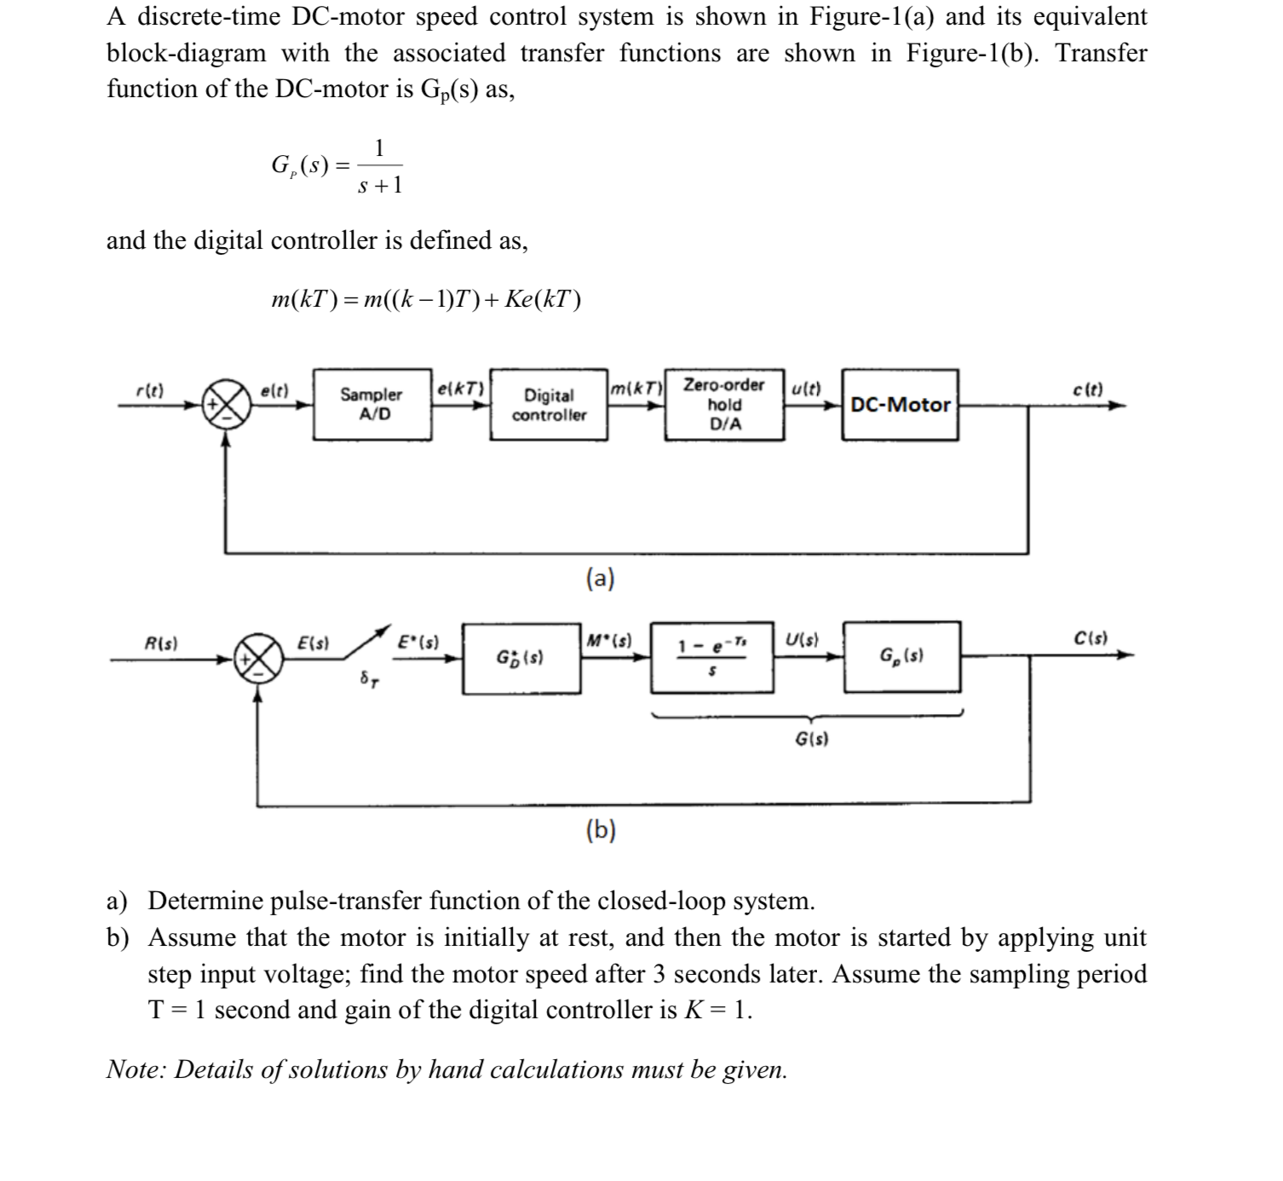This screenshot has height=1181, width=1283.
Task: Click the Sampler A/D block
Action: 371,405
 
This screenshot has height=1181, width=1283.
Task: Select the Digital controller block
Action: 549,405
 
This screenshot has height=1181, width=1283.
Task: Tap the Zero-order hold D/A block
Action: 724,405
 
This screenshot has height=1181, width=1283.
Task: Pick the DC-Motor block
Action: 900,405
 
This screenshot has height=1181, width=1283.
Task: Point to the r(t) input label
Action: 151,391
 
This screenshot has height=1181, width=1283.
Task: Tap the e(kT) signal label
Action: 460,389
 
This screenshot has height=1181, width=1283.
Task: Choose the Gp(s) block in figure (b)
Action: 901,656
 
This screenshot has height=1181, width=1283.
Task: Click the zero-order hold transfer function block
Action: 712,657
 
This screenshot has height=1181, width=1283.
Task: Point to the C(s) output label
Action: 1090,638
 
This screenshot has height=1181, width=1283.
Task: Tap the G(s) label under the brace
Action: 811,738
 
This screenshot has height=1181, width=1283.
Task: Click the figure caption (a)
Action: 601,579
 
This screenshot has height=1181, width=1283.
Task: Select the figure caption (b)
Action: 601,830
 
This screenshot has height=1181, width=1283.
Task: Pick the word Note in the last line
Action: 134,1069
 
